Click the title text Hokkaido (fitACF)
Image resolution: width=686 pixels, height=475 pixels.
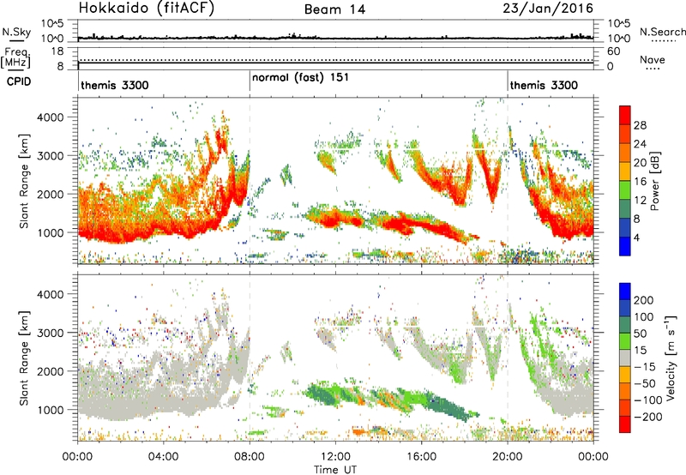(147, 8)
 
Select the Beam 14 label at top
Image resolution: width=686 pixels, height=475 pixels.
(334, 9)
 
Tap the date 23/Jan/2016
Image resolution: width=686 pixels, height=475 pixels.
(548, 9)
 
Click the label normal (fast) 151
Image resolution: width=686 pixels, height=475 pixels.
(300, 77)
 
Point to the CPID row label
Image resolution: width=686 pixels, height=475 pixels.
(19, 81)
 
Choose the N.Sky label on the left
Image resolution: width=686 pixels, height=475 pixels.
(16, 32)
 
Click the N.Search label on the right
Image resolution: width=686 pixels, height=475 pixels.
(662, 32)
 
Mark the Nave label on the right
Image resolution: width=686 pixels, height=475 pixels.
(653, 59)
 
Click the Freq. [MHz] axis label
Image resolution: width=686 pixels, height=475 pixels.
(16, 57)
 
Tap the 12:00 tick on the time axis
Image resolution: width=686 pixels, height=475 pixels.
(335, 457)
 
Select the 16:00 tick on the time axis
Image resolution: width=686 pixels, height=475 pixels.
(421, 457)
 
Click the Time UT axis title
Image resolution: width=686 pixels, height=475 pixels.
(335, 469)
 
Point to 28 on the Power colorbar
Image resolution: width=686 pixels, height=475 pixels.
(640, 125)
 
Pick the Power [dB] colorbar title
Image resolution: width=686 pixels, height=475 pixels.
(655, 181)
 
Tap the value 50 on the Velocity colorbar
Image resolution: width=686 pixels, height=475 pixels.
(640, 334)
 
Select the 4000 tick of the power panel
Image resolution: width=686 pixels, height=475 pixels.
(51, 117)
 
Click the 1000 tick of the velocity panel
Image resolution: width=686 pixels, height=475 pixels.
(51, 410)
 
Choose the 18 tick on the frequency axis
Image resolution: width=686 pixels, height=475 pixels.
(57, 51)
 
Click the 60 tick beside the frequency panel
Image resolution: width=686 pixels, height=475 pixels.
(613, 51)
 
